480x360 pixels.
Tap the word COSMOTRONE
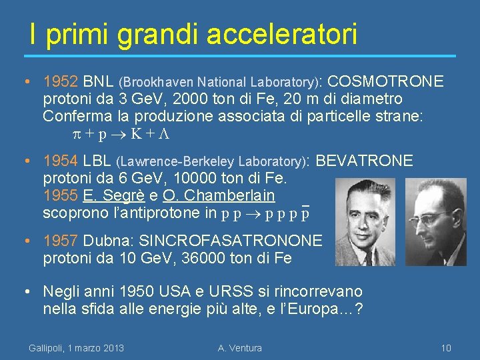click(386, 82)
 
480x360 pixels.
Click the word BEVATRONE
click(364, 161)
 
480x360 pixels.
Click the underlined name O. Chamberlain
click(218, 196)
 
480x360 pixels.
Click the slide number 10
click(446, 348)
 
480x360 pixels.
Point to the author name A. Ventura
click(240, 348)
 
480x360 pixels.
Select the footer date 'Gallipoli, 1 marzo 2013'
click(76, 348)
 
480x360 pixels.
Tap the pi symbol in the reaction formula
click(77, 134)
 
